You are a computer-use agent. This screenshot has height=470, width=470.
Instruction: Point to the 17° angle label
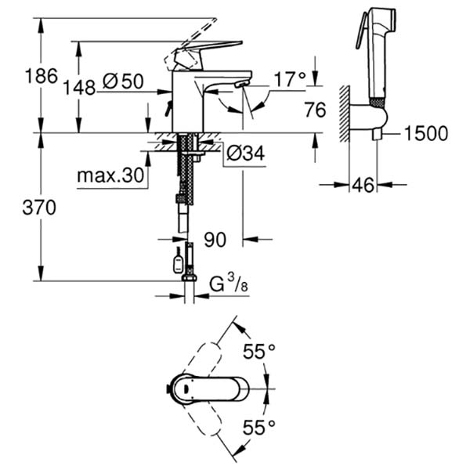[289, 78]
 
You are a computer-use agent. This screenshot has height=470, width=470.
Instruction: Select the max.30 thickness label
[112, 176]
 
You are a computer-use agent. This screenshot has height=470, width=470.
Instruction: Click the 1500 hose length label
[426, 133]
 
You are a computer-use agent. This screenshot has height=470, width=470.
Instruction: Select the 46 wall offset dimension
[363, 186]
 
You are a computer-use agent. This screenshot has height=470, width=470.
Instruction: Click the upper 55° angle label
[258, 352]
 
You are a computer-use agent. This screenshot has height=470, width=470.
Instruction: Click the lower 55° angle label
[258, 427]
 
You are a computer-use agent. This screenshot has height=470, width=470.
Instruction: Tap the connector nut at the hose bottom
[189, 277]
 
